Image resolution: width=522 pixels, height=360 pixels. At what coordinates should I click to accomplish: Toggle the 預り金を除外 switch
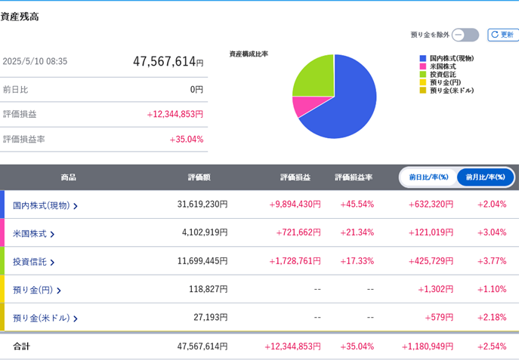coord(465,35)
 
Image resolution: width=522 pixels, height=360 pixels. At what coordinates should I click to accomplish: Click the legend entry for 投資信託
coord(438,74)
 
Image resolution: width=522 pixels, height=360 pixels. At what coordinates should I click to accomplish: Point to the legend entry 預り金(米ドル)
coord(446,90)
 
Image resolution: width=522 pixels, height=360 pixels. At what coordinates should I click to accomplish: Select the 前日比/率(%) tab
coord(429,177)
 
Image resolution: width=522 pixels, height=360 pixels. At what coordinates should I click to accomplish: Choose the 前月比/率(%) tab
coord(486,177)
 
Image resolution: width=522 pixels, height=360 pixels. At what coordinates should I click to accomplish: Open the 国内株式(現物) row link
coord(45,205)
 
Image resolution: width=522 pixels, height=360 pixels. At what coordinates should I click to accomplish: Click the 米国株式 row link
coord(33,234)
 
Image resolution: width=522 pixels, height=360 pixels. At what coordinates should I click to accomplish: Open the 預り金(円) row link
coord(36,290)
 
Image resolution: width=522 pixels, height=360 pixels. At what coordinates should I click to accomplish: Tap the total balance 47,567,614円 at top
coord(168,62)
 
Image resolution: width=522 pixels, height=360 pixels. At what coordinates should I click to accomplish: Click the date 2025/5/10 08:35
coord(35,61)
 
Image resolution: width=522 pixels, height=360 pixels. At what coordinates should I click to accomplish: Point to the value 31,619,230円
coord(202,204)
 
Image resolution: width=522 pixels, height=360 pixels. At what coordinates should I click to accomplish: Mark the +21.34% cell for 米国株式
coord(357,232)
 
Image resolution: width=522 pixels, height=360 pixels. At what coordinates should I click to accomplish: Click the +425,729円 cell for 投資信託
coord(431,261)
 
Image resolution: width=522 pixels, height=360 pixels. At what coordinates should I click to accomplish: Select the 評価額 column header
coord(199,177)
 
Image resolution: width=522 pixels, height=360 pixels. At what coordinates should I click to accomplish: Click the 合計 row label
coord(22,346)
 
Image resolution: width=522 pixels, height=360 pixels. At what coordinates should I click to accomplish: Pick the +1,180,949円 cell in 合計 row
coord(428,346)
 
